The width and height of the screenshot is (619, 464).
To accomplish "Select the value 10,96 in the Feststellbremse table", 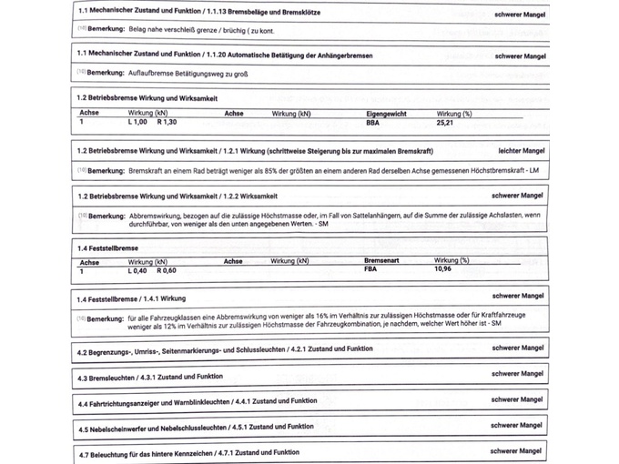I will coord(443,269).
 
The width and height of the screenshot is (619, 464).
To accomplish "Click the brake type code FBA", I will coord(371,269).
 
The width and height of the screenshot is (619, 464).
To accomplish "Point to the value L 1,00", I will coord(138,121).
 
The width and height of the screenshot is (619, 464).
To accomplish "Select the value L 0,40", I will coord(137,269).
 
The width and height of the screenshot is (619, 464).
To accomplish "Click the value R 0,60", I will coord(167,269).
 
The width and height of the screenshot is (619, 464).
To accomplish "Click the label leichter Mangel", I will coord(522,150).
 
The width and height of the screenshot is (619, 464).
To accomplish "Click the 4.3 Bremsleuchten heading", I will coord(150,377).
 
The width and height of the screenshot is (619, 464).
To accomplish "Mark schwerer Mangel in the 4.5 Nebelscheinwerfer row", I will coord(518,425).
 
